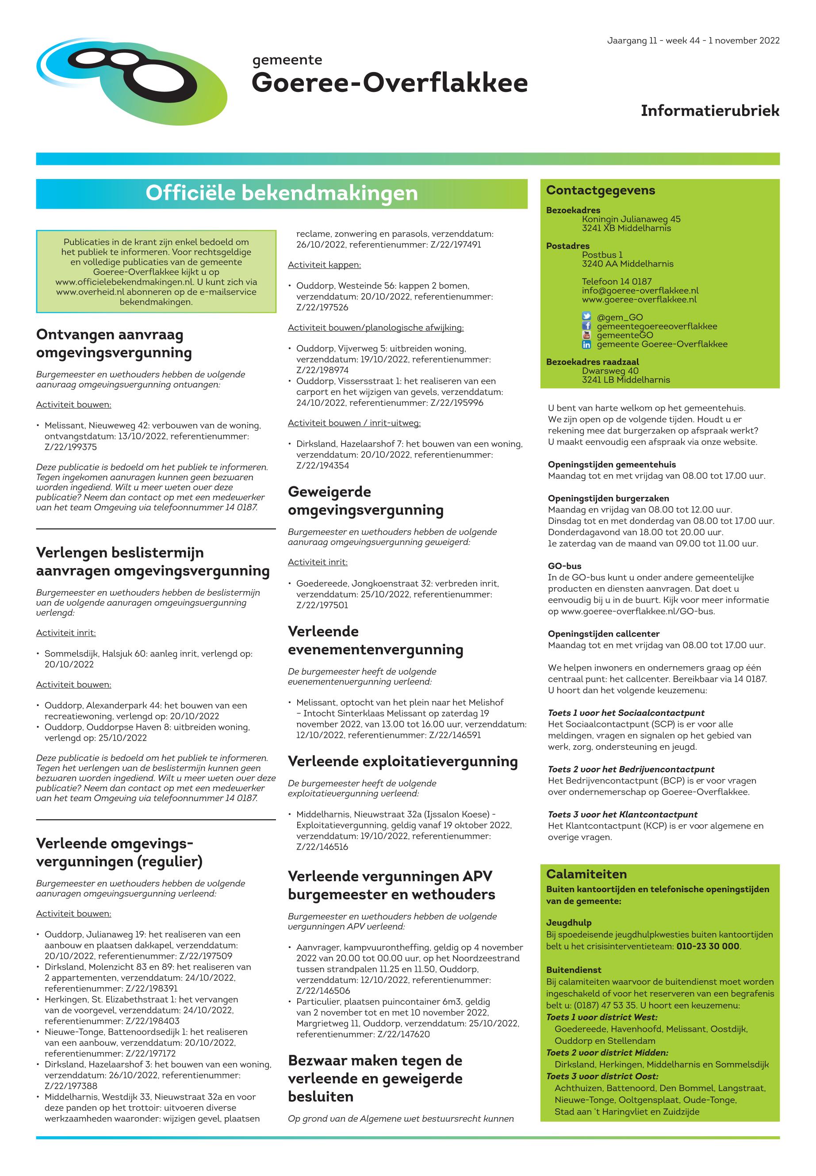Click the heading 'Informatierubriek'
point(710,111)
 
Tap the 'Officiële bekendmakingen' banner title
point(281,193)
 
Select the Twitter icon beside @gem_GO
point(586,317)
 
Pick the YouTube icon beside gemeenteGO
point(586,335)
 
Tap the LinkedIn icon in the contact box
point(586,344)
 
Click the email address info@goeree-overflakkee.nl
point(640,290)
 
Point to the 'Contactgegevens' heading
point(600,190)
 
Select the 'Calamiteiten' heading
point(586,874)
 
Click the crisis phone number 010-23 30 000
point(708,946)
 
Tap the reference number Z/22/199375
point(71,447)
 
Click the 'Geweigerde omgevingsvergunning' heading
point(366,501)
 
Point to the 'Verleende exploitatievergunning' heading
point(402,761)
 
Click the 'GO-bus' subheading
point(564,566)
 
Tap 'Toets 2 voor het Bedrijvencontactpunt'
point(631,769)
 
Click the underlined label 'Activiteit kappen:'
point(324,265)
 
